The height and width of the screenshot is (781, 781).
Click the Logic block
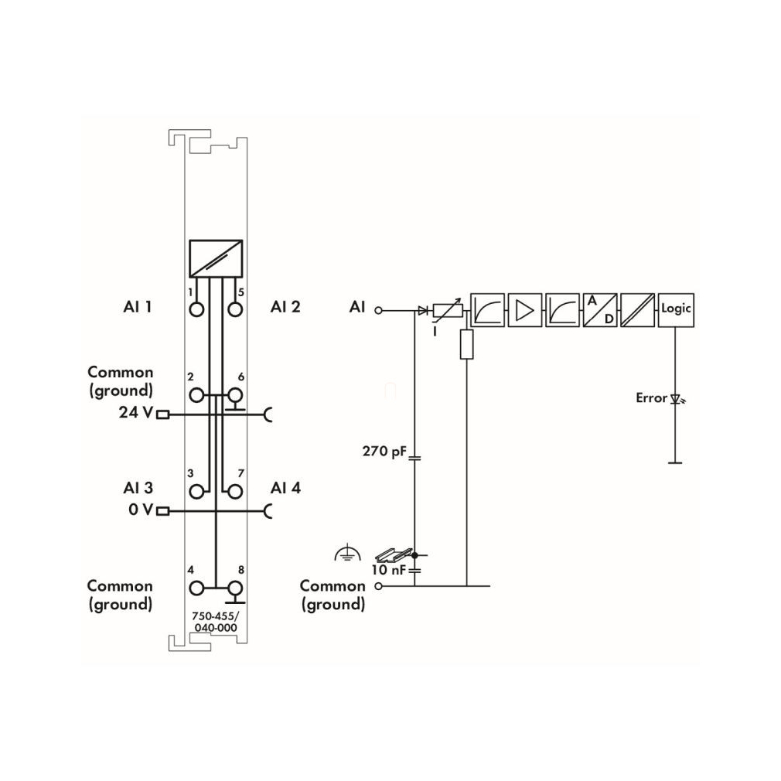[676, 310]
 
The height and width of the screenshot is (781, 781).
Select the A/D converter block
[600, 310]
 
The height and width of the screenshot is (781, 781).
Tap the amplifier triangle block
[525, 310]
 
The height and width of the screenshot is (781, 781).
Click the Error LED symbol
[677, 398]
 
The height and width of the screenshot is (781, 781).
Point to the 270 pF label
[384, 452]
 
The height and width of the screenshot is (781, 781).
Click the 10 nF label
[389, 569]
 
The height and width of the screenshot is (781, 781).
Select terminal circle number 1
[196, 310]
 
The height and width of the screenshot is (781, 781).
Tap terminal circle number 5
[235, 310]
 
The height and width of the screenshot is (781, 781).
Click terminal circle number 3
[196, 492]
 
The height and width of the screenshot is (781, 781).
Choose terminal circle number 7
[235, 492]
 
